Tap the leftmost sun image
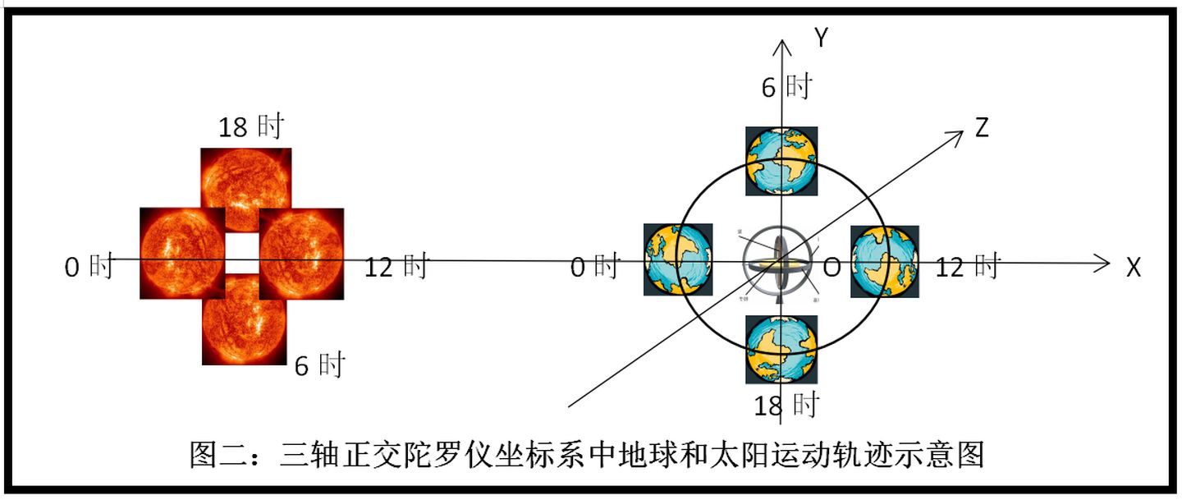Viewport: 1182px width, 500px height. [x=182, y=253]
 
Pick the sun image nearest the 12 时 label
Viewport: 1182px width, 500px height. [x=301, y=253]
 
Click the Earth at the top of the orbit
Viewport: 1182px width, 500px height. [x=781, y=161]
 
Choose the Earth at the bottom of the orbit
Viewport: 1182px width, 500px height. [x=781, y=349]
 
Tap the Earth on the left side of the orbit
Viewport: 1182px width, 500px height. [x=678, y=259]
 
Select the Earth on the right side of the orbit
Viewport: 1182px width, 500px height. [x=883, y=259]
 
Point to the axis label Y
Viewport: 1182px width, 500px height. [x=819, y=37]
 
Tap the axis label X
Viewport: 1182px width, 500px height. [x=1134, y=267]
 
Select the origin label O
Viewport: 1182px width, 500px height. [x=831, y=268]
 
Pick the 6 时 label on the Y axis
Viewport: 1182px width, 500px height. [x=786, y=86]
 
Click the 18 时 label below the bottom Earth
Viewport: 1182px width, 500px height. [x=786, y=404]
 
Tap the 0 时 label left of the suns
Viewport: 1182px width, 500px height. [x=89, y=267]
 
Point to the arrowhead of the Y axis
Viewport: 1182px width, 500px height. [x=785, y=44]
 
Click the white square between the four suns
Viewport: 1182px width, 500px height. [x=242, y=253]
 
